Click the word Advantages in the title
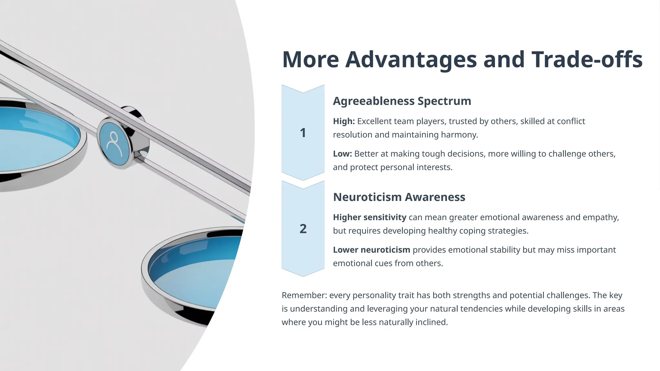coord(411,60)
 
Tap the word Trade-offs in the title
coord(587,60)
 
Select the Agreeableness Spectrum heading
coord(402,101)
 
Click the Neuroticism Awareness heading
coord(399,197)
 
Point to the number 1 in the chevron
coord(303,133)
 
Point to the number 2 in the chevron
coord(303,229)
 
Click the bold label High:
coord(344,121)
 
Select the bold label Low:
coord(342,154)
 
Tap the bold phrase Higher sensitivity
coord(369,217)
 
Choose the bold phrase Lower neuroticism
coord(371,250)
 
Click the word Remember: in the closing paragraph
coord(304,295)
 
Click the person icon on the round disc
coord(114,144)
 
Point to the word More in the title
coord(310,60)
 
